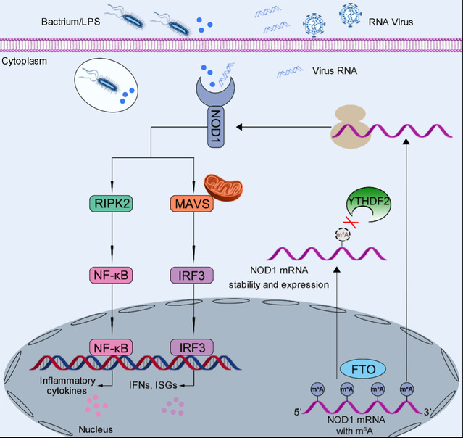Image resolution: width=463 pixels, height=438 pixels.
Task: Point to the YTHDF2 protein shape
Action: tap(370, 204)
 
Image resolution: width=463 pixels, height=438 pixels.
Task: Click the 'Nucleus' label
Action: tap(94, 429)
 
